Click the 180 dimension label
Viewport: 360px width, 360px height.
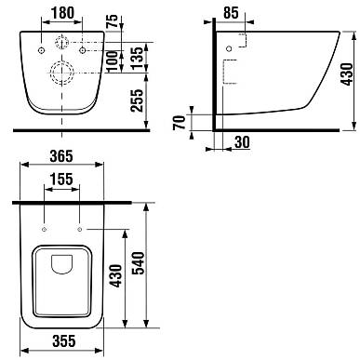tap(62, 13)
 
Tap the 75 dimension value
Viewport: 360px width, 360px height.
tap(113, 21)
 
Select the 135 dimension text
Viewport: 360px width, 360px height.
tap(138, 58)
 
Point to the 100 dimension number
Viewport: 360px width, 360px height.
tap(113, 61)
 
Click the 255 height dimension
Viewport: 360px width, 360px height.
tap(138, 100)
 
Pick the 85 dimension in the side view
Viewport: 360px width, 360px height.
tap(231, 13)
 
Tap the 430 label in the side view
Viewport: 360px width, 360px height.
tap(347, 74)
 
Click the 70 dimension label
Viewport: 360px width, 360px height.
tap(180, 122)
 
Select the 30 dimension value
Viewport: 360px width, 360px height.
tap(242, 142)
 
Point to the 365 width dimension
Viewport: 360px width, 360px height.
tap(61, 156)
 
